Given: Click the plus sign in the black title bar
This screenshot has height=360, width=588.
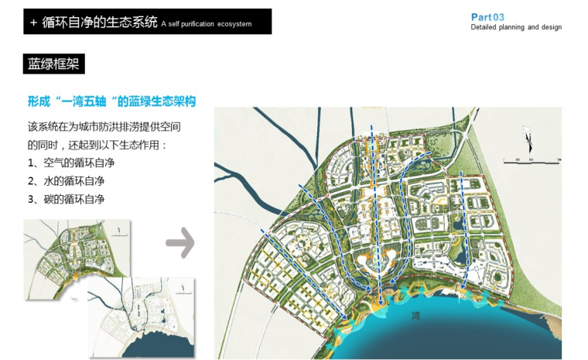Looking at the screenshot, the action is (x=33, y=23).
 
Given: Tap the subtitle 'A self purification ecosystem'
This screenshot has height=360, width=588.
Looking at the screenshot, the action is (x=207, y=24).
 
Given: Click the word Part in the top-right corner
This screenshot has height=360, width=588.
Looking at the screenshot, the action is (x=481, y=17).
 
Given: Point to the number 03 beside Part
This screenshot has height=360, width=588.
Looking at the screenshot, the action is (x=499, y=17).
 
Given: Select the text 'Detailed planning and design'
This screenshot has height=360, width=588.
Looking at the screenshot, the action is (x=516, y=28).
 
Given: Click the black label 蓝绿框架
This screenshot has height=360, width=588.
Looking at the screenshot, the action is (x=54, y=64).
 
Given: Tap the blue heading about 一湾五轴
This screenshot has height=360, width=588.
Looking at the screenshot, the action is (x=111, y=101).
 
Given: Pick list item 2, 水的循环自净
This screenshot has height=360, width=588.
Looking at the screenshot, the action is (x=66, y=181).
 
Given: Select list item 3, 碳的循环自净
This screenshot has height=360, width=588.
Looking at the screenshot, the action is (x=66, y=200).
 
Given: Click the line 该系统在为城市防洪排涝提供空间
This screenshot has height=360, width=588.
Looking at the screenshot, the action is (x=109, y=126).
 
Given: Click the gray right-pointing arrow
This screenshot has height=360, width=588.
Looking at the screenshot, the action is (x=180, y=242).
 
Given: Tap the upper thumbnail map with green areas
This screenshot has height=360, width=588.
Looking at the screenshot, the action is (x=75, y=248).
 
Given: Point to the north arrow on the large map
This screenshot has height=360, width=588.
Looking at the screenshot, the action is (x=528, y=142).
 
